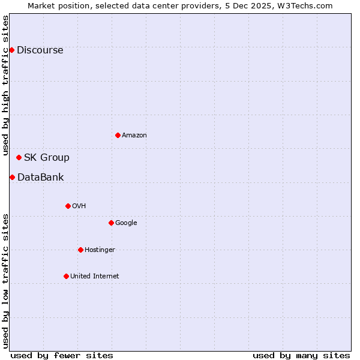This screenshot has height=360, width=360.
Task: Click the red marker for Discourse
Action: click(11, 50)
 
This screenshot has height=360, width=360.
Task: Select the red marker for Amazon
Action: click(118, 135)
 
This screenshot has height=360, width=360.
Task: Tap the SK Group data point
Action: click(19, 157)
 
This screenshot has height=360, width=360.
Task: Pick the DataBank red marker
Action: click(12, 177)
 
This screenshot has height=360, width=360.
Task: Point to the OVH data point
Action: click(68, 206)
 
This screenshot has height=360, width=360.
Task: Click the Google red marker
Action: click(111, 223)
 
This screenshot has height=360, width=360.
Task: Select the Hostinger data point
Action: click(80, 250)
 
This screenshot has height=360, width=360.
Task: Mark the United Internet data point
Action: click(66, 276)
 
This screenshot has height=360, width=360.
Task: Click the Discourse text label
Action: click(40, 50)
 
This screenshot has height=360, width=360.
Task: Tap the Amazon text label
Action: click(134, 136)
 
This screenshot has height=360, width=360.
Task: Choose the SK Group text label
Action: click(46, 158)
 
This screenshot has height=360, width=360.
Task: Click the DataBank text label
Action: click(40, 178)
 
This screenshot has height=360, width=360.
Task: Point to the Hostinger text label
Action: click(100, 250)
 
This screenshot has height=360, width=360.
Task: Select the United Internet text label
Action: click(94, 277)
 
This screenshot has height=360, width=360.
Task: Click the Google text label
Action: click(126, 223)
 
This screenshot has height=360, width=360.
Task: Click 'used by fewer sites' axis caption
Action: click(62, 355)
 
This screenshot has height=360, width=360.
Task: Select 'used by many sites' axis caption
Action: click(301, 355)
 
